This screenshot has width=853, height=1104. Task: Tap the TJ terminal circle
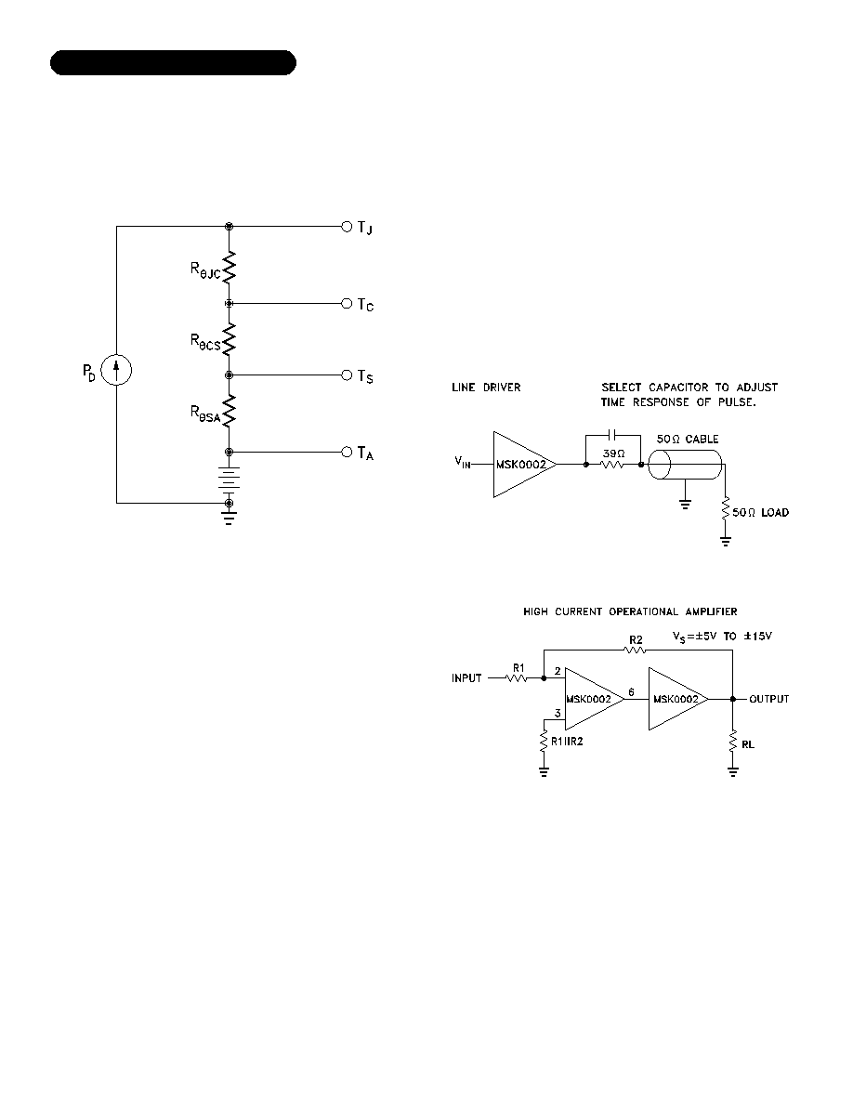[347, 226]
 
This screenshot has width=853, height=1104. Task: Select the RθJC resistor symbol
[229, 268]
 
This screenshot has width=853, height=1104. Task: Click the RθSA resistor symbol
[229, 411]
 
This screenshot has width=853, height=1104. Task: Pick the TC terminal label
[365, 305]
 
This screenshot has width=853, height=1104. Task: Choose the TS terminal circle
[347, 375]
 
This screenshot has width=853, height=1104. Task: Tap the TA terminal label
[365, 453]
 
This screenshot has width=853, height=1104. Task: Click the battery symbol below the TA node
[229, 478]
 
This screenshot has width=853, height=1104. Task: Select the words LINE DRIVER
[486, 388]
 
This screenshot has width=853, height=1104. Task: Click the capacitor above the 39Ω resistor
[613, 435]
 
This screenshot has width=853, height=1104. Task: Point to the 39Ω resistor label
[613, 453]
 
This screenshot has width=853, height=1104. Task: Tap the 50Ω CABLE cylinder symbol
[685, 465]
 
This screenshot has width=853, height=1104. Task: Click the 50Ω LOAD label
[761, 513]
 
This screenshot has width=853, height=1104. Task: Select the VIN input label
[463, 462]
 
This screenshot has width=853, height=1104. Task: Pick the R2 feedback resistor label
[636, 640]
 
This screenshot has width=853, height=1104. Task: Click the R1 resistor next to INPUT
[518, 678]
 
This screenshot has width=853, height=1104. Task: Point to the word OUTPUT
[769, 699]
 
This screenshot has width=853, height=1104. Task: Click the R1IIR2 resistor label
[567, 742]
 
